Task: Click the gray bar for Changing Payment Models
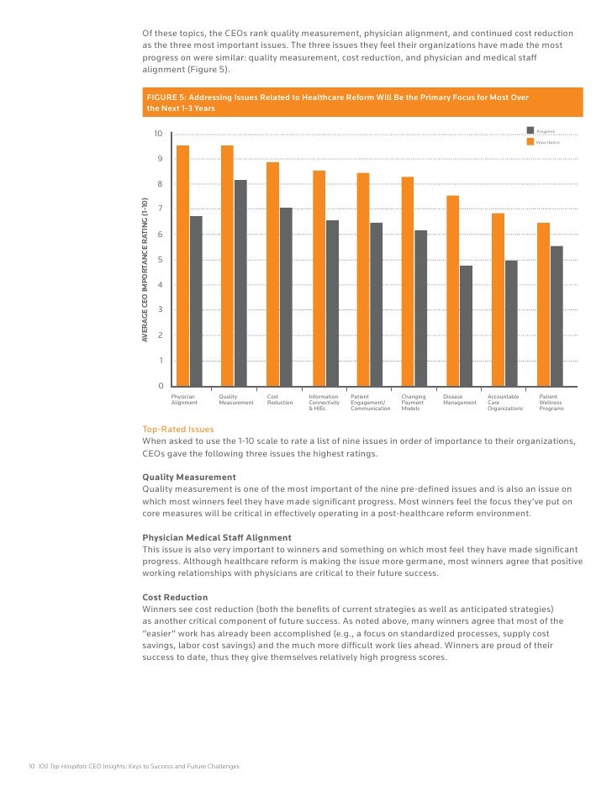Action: click(x=421, y=308)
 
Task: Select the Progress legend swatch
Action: click(x=530, y=130)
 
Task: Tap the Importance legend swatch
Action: click(x=530, y=142)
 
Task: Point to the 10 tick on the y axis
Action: click(x=158, y=134)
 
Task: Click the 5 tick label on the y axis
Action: click(x=160, y=260)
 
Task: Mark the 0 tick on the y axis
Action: click(x=160, y=386)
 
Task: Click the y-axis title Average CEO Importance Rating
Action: click(x=145, y=269)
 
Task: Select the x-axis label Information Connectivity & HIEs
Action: click(x=324, y=402)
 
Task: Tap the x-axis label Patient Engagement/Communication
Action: click(x=371, y=402)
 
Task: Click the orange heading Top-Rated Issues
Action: click(x=178, y=429)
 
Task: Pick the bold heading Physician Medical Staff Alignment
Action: click(x=217, y=537)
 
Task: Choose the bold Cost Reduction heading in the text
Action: click(x=175, y=597)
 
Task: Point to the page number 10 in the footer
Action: click(x=31, y=766)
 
